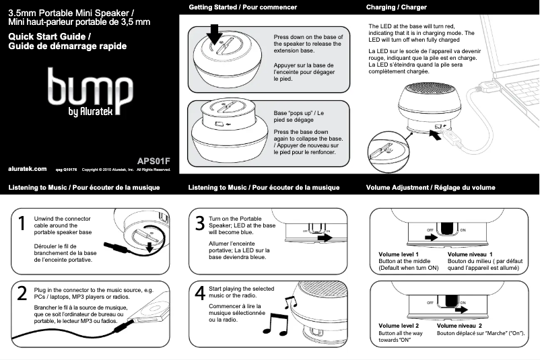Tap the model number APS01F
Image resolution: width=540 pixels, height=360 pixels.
pos(154,161)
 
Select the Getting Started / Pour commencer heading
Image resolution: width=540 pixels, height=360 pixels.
pos(242,7)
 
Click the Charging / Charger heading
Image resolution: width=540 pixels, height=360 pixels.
pos(396,7)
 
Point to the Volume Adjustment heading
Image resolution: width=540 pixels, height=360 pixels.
pos(430,187)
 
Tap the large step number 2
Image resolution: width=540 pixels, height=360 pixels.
pos(22,293)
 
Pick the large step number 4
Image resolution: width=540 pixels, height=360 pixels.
pos(200,293)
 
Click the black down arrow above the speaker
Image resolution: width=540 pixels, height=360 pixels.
pos(215,33)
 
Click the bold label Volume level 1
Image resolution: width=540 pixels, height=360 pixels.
pos(399,254)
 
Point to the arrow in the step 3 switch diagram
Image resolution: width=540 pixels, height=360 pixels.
pos(325,238)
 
